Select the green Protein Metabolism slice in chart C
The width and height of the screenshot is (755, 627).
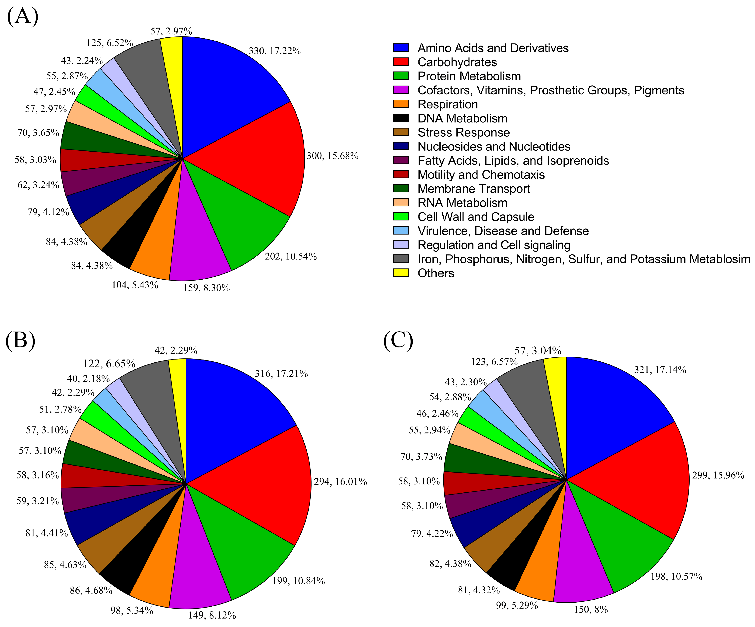pos(622,539)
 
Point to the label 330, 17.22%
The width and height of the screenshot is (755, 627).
pos(275,51)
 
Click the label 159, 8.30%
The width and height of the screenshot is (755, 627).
pos(206,288)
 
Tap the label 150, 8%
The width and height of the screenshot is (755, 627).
pos(591,609)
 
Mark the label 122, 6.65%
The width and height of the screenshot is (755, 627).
pos(109,363)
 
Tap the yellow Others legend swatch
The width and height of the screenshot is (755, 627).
pos(401,273)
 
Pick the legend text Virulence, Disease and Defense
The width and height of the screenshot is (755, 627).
pos(503,231)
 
